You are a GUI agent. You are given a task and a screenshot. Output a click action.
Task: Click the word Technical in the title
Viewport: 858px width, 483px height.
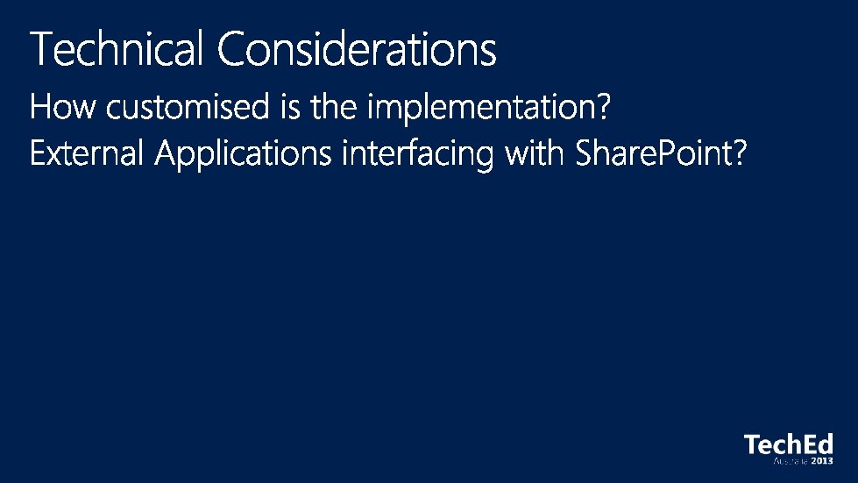point(117,48)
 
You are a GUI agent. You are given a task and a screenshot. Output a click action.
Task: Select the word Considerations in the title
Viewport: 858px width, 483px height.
point(357,48)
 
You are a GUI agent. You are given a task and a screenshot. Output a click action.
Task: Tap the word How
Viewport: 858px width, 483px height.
point(62,106)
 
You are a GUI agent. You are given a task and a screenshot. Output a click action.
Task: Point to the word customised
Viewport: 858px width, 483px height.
point(188,106)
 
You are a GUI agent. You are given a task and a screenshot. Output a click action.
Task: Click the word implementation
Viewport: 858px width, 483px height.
point(481,108)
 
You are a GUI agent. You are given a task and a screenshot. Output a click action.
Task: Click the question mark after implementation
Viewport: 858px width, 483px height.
point(604,105)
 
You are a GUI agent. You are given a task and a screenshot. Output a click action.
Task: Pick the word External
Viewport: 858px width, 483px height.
point(87,153)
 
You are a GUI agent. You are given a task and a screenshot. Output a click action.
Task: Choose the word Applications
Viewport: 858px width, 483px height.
point(243,154)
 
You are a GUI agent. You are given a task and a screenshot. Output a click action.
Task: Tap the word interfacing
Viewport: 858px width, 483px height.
point(417,154)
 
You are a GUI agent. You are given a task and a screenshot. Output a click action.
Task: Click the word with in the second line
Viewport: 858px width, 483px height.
point(534,152)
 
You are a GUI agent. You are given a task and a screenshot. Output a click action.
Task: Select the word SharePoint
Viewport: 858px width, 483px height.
point(653,152)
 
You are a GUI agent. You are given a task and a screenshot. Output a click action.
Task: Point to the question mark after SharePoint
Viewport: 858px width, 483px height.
point(740,152)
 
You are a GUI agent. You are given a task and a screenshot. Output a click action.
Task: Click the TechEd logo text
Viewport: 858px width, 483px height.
point(789,444)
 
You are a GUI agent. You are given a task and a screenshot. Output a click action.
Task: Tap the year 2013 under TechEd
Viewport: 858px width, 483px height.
point(822,461)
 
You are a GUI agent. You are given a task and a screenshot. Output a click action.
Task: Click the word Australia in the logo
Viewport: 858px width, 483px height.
point(791,461)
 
